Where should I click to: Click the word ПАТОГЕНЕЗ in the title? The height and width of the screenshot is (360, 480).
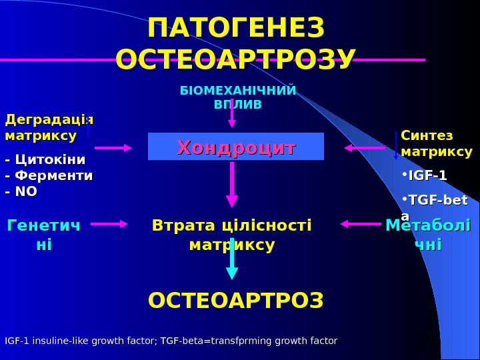click(236, 29)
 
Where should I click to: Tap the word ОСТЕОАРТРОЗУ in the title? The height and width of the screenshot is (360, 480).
click(236, 59)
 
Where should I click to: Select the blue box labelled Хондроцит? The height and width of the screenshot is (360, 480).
click(236, 147)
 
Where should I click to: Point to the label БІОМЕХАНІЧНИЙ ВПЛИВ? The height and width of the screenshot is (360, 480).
click(238, 97)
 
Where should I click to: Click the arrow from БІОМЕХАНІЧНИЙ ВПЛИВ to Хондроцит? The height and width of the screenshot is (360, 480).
click(232, 115)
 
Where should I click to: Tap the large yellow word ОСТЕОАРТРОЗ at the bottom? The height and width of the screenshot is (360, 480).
click(236, 301)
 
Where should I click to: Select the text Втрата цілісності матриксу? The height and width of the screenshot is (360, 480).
click(232, 235)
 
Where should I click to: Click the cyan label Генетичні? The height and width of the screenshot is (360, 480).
click(43, 235)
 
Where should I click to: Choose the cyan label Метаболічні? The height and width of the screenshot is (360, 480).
click(428, 235)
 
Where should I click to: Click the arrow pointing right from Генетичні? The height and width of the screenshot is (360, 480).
click(109, 224)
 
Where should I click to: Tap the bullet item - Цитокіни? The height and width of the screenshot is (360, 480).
click(45, 160)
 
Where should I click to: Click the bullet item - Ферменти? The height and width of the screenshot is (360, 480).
click(49, 176)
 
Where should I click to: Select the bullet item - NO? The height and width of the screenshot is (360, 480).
click(21, 192)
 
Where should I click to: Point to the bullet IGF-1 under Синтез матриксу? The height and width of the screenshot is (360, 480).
click(427, 175)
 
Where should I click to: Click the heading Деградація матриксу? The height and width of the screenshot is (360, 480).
click(49, 127)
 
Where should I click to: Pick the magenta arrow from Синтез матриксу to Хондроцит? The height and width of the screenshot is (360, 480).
click(364, 148)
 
